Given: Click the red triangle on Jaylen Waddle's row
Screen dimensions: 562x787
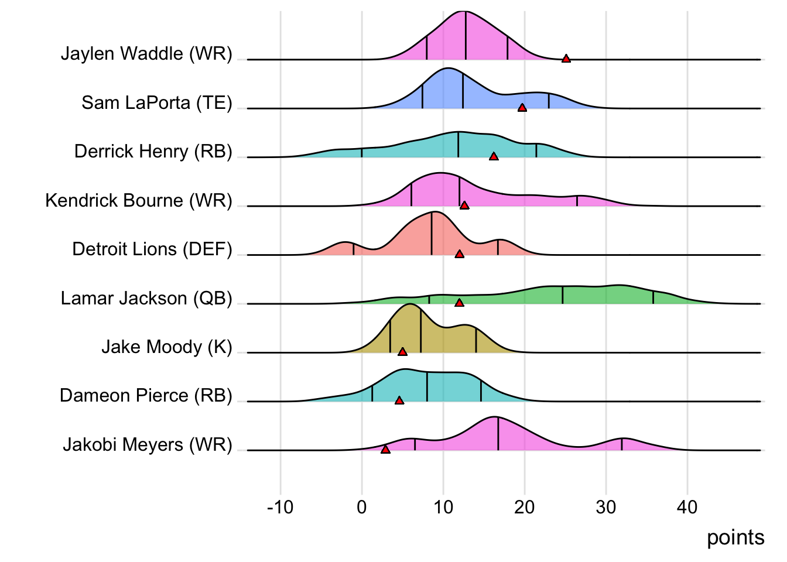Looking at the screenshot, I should click(x=566, y=59).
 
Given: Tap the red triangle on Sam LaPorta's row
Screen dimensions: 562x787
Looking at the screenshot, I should click(x=522, y=108).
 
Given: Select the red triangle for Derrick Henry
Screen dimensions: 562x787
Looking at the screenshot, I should click(x=494, y=156).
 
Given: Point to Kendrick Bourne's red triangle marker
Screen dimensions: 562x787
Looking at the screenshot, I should click(x=464, y=205).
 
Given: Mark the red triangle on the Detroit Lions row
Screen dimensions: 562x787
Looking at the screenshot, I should click(x=460, y=254).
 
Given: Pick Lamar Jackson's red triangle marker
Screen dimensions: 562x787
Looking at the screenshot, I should click(x=460, y=303).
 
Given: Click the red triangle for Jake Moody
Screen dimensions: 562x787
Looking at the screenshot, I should click(x=402, y=351).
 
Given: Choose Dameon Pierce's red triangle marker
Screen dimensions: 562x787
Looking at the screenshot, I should click(x=399, y=400).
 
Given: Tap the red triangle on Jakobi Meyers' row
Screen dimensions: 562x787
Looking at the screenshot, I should click(x=385, y=449).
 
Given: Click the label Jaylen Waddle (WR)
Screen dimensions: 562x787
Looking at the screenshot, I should click(x=146, y=54).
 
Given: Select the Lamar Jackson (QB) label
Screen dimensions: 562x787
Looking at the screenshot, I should click(x=146, y=299).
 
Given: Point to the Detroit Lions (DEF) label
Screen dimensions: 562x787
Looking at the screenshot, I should click(x=152, y=249).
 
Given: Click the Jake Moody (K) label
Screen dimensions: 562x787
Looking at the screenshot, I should click(x=167, y=347).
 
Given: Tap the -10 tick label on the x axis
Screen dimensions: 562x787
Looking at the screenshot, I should click(x=280, y=507).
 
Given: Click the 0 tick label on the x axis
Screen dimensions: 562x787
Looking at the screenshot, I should click(x=362, y=507).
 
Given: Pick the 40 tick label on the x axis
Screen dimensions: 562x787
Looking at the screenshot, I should click(x=687, y=507).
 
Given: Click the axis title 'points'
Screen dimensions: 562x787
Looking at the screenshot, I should click(x=735, y=537).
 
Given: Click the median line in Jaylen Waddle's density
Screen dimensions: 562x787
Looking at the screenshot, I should click(x=466, y=35).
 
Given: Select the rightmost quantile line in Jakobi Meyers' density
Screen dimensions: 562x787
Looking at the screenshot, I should click(x=622, y=444).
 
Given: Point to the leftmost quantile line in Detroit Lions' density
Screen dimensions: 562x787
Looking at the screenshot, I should click(x=354, y=249).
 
